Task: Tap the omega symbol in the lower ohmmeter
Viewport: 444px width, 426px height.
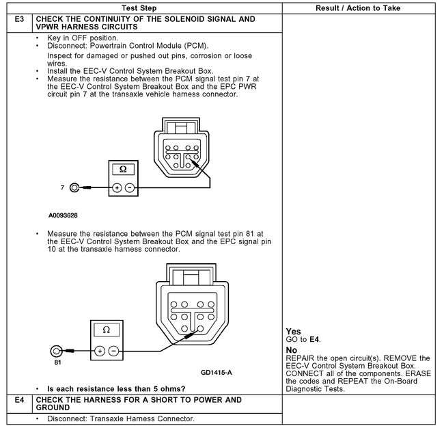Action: (x=106, y=330)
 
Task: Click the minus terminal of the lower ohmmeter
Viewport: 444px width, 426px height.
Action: (x=113, y=351)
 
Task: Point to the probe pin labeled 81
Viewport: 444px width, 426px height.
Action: (x=57, y=351)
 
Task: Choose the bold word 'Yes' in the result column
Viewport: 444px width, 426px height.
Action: (x=294, y=332)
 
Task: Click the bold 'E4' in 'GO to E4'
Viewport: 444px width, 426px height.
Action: (x=314, y=339)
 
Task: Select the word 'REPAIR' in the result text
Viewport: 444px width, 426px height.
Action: (x=301, y=358)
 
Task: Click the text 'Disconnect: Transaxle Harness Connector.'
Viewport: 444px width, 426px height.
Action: (x=121, y=418)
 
